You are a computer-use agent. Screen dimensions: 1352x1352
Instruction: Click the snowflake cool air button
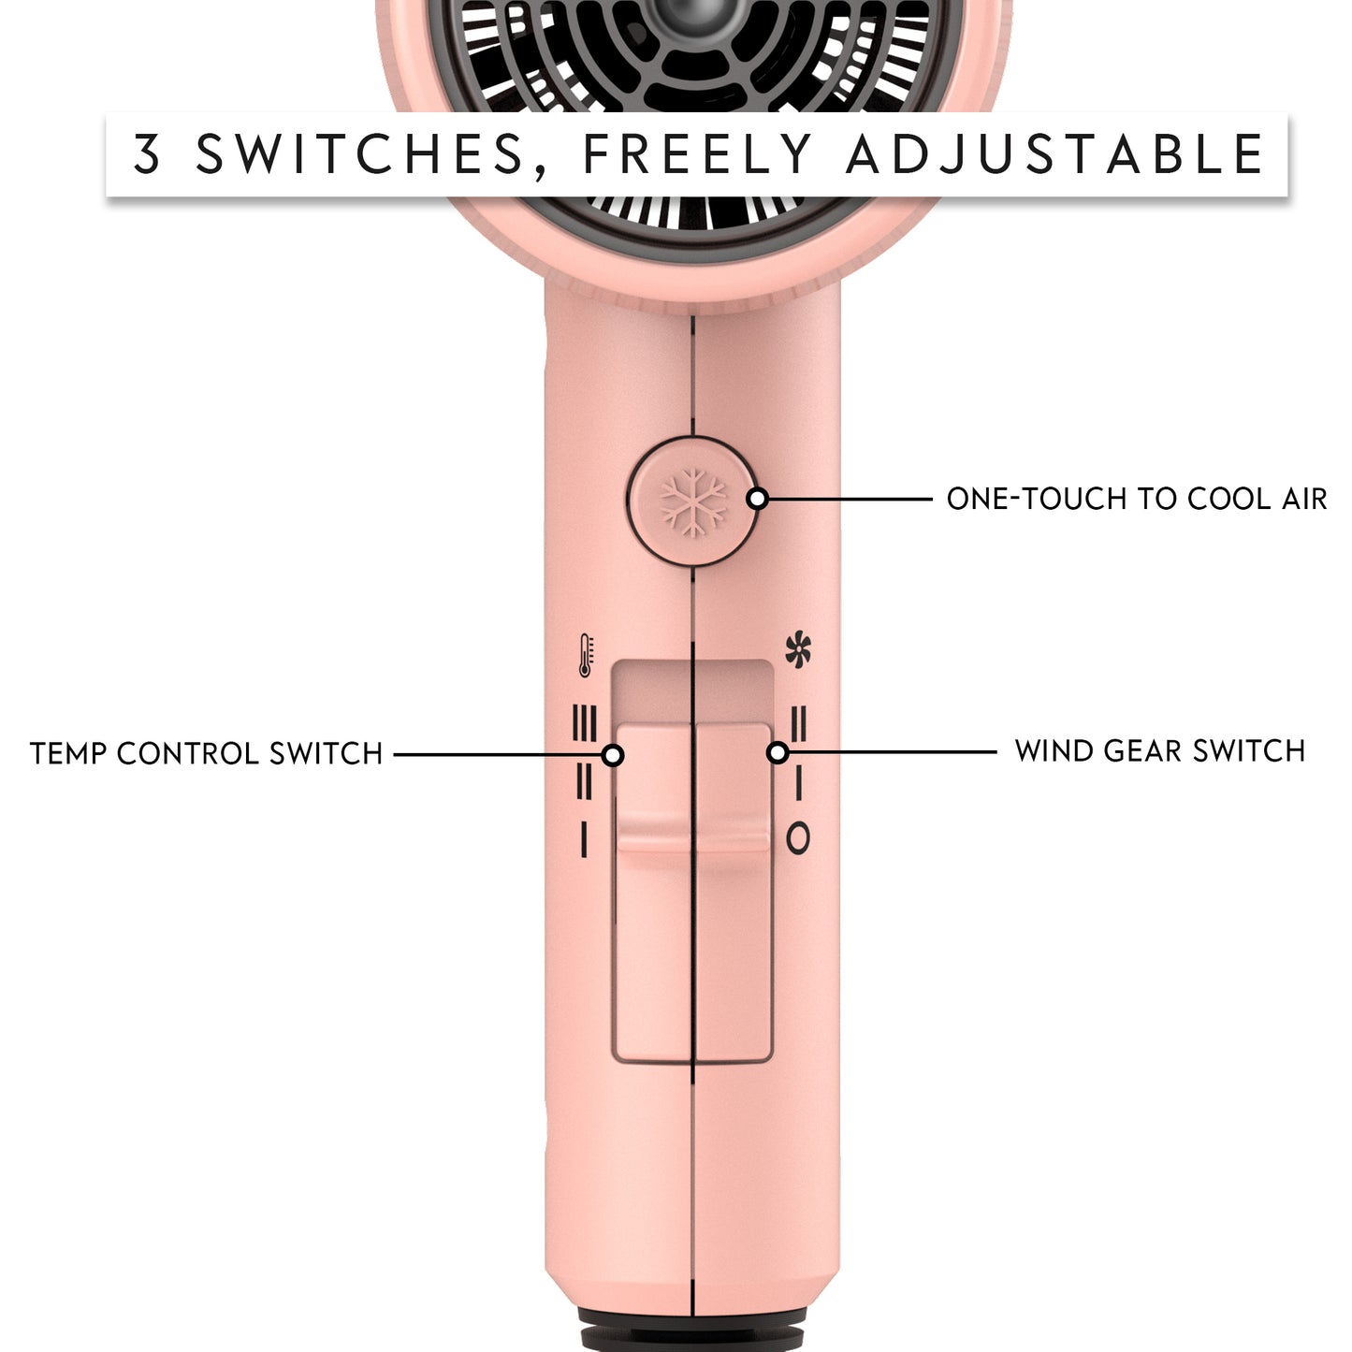pos(692,502)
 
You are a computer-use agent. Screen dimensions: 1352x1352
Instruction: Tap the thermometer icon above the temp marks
pos(586,655)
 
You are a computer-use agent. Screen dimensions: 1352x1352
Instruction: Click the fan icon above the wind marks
pos(798,650)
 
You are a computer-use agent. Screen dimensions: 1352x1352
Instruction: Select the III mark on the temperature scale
pos(584,723)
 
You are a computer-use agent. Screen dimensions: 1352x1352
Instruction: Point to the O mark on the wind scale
pos(798,838)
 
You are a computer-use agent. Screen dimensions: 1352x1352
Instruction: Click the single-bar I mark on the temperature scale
pos(584,838)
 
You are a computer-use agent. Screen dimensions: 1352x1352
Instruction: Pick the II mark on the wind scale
pos(798,723)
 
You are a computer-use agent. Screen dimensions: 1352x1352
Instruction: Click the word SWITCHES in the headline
pos(361,154)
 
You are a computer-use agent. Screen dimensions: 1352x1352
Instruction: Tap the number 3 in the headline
pos(147,154)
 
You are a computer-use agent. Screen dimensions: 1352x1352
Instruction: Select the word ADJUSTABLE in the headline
pos(1055,154)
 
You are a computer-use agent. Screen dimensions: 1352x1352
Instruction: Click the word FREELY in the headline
pos(697,154)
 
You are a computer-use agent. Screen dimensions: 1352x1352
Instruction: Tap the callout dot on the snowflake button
pos(758,499)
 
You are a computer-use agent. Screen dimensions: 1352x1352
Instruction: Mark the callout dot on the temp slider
pos(613,754)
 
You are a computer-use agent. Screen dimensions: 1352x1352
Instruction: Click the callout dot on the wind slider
pos(778,752)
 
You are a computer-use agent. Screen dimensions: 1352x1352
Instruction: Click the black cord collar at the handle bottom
pos(692,1330)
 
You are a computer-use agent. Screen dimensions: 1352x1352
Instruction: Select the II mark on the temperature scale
pos(584,781)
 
